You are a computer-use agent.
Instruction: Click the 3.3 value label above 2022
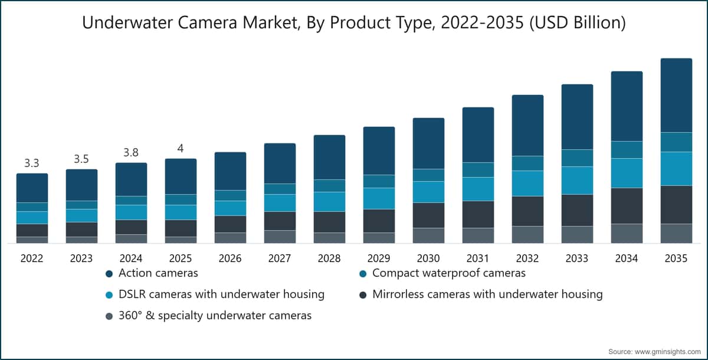(32, 163)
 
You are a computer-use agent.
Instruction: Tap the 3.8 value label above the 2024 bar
(131, 153)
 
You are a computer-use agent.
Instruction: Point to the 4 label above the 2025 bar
(181, 148)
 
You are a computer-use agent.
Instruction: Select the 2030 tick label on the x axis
(428, 258)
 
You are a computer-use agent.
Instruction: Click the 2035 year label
(676, 258)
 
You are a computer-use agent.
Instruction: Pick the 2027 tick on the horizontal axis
(280, 258)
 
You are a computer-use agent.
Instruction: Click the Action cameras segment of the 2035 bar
(676, 96)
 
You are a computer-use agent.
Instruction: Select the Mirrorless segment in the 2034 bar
(627, 206)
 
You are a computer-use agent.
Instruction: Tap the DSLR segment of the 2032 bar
(528, 184)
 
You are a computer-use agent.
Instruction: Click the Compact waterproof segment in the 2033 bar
(577, 158)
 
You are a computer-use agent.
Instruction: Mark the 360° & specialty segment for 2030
(428, 235)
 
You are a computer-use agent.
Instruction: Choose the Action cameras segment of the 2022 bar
(32, 188)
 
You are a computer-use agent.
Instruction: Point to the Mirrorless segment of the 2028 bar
(329, 222)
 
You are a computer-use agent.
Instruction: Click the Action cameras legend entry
(152, 273)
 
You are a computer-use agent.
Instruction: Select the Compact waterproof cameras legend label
(449, 273)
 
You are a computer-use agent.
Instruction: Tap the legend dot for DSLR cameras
(109, 295)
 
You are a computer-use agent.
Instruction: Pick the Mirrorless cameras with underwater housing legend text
(487, 294)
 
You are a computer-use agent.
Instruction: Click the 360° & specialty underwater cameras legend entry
(209, 316)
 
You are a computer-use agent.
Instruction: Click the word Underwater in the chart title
(127, 23)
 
